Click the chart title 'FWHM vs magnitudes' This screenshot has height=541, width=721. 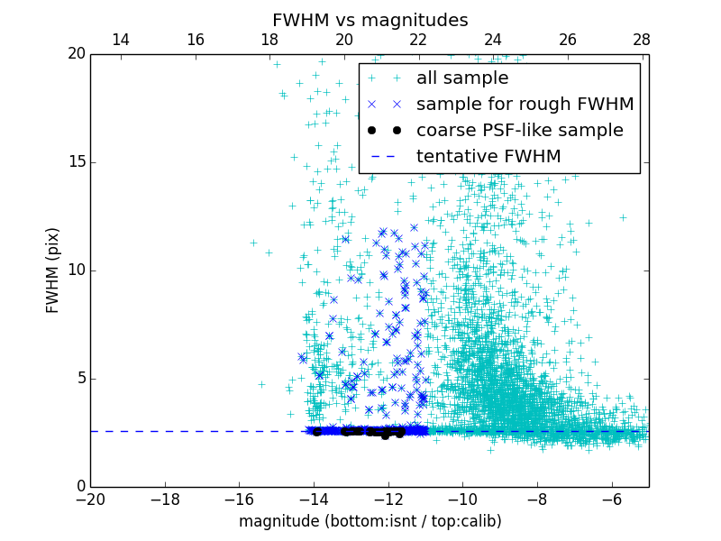coord(370,20)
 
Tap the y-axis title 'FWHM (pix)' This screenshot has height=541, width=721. coord(52,270)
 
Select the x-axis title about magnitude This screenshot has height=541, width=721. coord(370,521)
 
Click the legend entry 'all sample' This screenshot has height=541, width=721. coord(461,78)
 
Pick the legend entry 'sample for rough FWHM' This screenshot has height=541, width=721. coord(525,105)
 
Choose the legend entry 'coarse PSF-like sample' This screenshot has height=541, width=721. coord(519,131)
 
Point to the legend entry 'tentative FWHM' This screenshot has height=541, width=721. coord(488,157)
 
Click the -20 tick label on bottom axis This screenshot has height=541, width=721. coord(90,499)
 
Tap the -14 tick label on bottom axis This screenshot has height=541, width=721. coord(314,499)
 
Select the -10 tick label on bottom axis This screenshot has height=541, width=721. coord(462,499)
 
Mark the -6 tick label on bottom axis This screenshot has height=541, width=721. coord(611,499)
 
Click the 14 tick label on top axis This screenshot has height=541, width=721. coord(120,40)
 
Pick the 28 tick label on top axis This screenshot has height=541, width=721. coord(642,40)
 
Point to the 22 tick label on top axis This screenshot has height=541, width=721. coord(418,40)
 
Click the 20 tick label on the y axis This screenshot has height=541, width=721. coord(76,54)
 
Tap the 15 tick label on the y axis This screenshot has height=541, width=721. coord(76,162)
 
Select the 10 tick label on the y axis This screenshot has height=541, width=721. coord(76,270)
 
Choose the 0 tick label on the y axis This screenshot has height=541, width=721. coord(80,487)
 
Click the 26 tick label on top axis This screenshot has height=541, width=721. coord(568,40)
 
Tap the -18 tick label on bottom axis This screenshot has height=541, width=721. coord(165,499)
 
